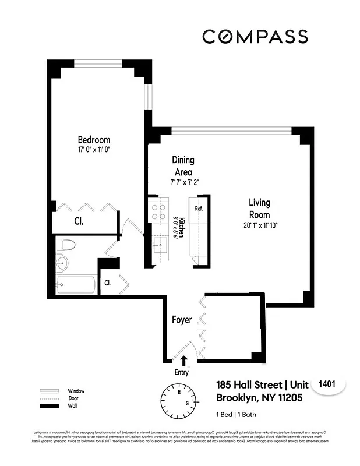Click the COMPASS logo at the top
[x=255, y=36]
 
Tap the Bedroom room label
[x=94, y=140]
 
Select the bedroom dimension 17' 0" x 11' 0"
[x=94, y=150]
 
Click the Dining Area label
[x=183, y=165]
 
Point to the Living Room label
[x=259, y=209]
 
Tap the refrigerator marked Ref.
[x=198, y=209]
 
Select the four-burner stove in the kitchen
[x=157, y=211]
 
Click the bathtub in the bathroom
[x=76, y=285]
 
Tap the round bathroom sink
[x=62, y=263]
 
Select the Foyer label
[x=181, y=320]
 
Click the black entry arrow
[x=184, y=361]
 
